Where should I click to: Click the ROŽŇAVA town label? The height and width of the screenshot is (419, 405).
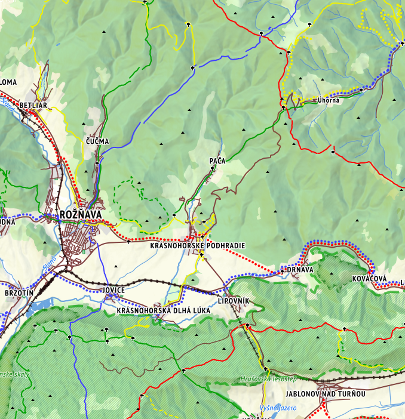point(81,214)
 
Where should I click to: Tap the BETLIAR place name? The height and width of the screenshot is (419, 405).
point(32,106)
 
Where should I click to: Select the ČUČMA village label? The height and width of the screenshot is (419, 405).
point(97,141)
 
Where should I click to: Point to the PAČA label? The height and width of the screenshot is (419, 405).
point(216,161)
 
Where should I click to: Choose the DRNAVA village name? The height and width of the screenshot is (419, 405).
point(300,270)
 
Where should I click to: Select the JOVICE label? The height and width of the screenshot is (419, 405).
point(113,290)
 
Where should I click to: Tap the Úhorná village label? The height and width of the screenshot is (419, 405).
point(329,100)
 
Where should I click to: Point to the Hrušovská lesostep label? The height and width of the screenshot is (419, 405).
point(268,378)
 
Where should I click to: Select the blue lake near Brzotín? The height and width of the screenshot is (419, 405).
point(38,307)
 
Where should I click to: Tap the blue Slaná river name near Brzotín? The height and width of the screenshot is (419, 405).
point(49,263)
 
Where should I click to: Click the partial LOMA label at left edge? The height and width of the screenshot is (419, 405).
point(8,82)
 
